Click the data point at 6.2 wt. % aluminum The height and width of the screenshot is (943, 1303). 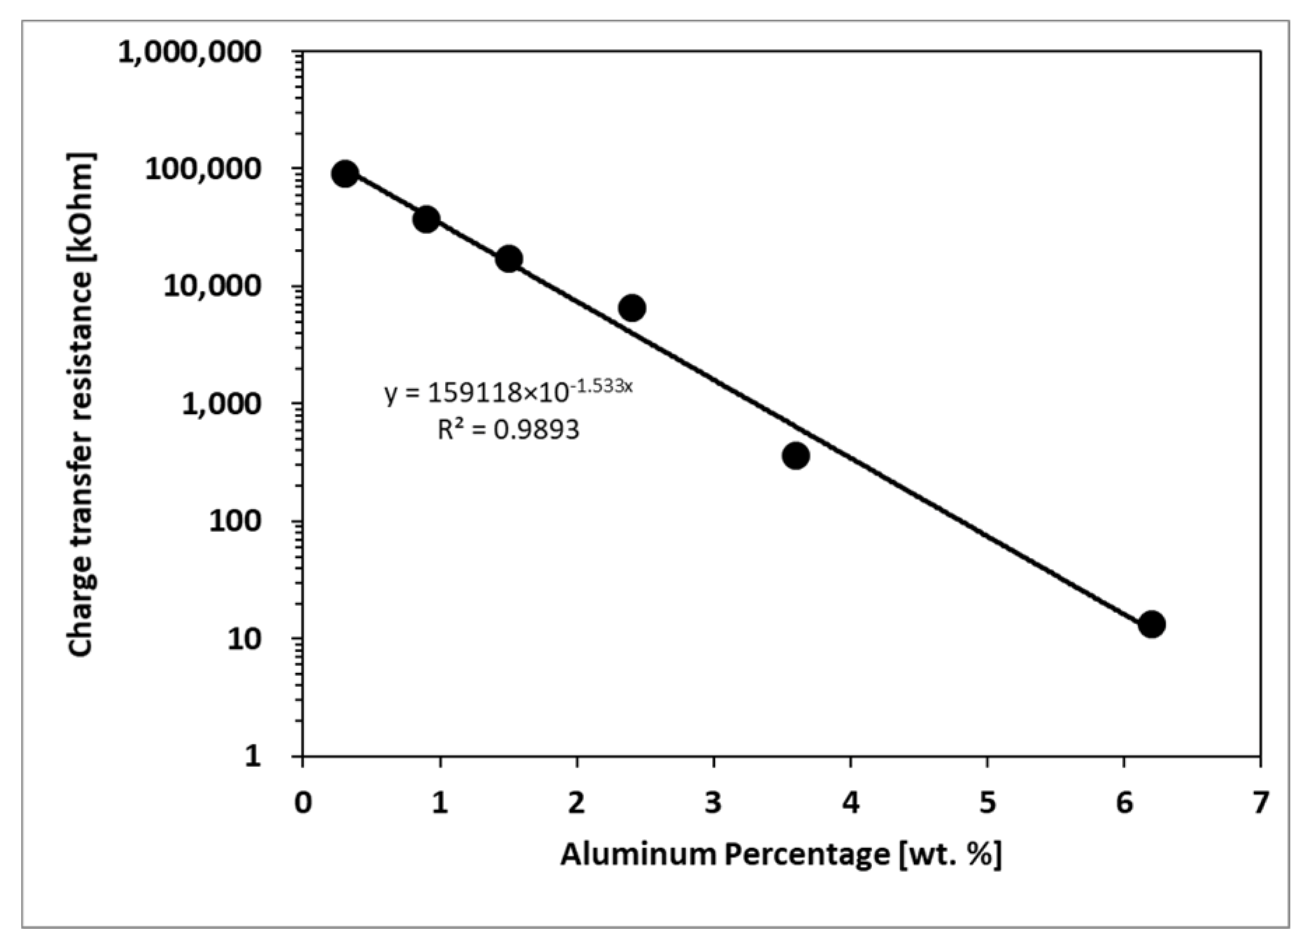1151,624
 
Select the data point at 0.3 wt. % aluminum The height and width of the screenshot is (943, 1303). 345,173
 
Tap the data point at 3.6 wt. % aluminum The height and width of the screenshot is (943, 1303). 796,456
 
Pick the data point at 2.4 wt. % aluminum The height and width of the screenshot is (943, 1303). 632,308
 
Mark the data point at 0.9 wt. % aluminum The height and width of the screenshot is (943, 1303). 426,219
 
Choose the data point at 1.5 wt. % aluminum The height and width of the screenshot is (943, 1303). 508,259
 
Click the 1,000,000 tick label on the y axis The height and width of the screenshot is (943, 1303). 190,52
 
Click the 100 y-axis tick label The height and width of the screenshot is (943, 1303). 234,521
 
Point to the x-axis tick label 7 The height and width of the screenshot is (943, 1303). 1260,802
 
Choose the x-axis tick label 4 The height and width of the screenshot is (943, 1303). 850,802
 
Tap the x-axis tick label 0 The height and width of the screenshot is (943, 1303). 303,802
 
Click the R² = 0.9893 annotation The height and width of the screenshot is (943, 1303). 508,429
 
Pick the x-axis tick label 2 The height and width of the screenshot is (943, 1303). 576,802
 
